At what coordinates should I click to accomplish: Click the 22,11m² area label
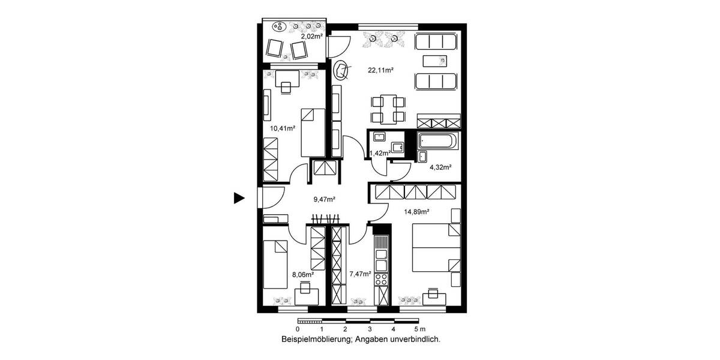point(380,70)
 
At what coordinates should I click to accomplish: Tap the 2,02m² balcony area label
point(312,37)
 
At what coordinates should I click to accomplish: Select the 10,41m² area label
point(282,127)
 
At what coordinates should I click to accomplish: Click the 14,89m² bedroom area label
point(416,211)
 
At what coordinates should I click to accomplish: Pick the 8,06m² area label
point(303,274)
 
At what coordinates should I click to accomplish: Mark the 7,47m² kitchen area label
point(361,274)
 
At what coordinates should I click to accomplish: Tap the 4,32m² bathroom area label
point(440,167)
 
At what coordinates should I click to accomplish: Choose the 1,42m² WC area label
point(380,153)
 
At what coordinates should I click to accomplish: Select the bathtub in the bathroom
point(436,142)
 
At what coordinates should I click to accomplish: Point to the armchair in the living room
point(341,71)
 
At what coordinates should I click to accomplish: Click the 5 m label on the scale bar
point(419,329)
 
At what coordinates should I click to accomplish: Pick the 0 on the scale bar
point(298,329)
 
